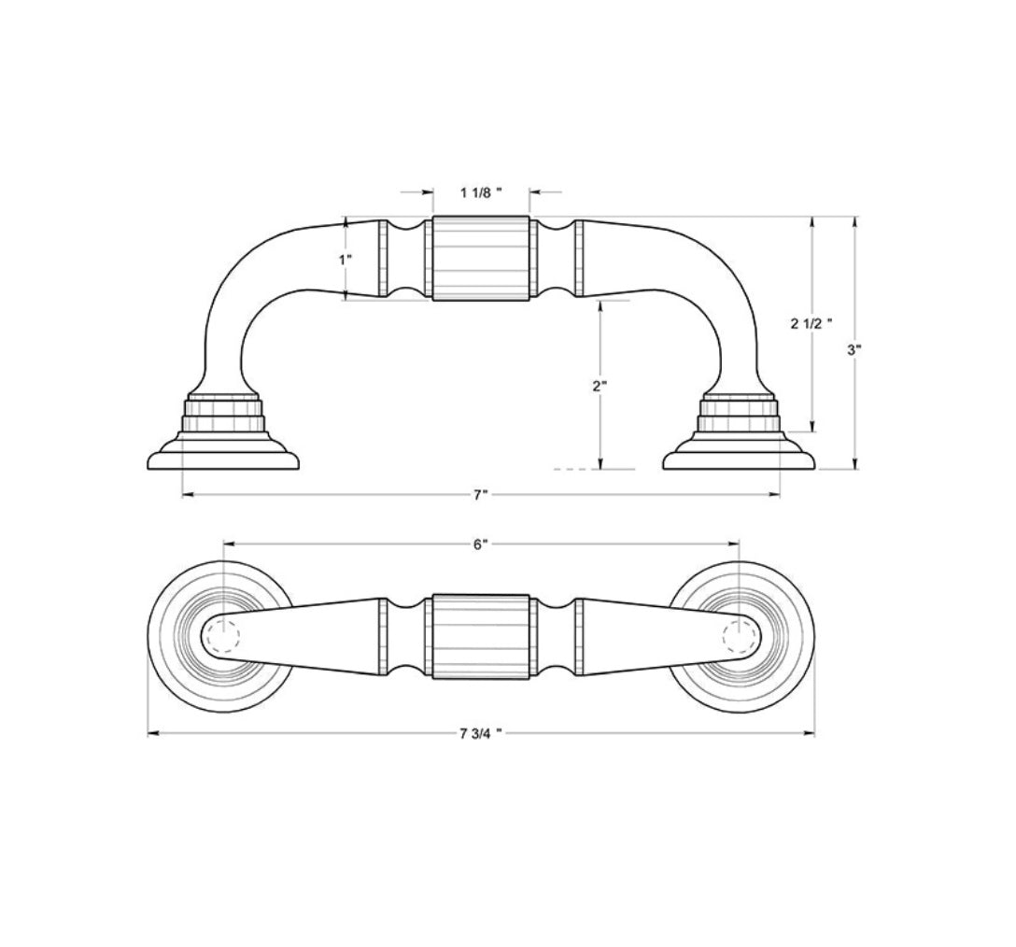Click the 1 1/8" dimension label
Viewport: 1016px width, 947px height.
tap(481, 192)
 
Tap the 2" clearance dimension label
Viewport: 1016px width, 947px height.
tap(600, 385)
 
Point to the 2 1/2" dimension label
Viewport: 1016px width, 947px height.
tap(811, 324)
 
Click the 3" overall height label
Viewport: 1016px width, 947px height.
tap(854, 350)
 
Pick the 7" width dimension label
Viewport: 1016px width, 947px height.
tap(480, 495)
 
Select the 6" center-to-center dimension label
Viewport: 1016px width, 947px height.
tap(480, 544)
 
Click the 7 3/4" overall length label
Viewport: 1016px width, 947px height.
tap(481, 733)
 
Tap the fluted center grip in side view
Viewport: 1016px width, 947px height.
tap(481, 259)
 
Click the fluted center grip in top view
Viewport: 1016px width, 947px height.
tap(481, 636)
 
